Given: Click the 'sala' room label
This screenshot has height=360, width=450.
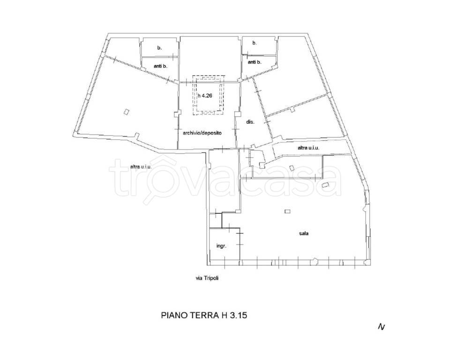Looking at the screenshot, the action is [304, 233].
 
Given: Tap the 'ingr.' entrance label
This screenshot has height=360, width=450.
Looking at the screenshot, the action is [221, 246].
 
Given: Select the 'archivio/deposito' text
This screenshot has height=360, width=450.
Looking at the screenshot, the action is [202, 133].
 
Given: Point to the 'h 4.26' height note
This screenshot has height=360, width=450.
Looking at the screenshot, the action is [205, 96].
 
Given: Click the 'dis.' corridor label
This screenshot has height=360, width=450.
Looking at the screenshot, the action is [250, 122].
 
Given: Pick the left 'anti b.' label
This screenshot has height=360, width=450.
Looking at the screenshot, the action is [160, 66].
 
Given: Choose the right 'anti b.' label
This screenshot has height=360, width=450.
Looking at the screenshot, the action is [255, 62].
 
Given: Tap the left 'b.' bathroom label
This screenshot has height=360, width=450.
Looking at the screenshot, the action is [159, 48].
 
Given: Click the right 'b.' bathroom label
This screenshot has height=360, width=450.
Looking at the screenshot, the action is [254, 43].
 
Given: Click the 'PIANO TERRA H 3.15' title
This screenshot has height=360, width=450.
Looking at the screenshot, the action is [204, 315].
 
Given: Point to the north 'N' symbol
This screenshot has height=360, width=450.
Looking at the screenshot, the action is [382, 327].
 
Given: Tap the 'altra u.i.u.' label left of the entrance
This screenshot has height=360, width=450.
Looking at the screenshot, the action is [141, 166].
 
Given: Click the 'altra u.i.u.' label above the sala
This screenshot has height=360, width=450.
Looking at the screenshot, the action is [308, 148].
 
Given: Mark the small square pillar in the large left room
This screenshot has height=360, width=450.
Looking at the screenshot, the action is [126, 112].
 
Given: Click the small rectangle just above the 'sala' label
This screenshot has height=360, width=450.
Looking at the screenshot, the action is [287, 211].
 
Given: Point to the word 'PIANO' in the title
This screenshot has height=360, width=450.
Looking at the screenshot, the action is [174, 315].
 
